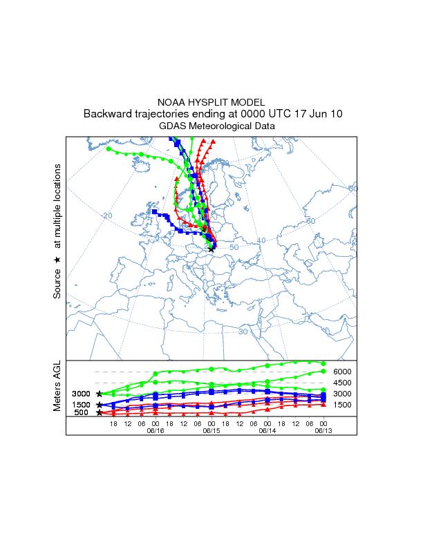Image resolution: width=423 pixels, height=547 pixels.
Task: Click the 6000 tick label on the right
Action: pos(343,372)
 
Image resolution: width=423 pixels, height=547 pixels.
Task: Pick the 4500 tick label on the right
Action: pos(343,383)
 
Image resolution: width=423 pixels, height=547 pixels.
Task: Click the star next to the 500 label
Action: pos(100,413)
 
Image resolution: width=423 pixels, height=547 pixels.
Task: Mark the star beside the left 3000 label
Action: pos(100,394)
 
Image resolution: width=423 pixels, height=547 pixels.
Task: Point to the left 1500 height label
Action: pos(82,405)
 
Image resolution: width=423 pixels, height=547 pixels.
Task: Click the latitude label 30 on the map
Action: pos(243,332)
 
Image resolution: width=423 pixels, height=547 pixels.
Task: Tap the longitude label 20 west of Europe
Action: pos(107,216)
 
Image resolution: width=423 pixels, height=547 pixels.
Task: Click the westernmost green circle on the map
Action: pos(109,148)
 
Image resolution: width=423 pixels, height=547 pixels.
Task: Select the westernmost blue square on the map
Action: pos(155,211)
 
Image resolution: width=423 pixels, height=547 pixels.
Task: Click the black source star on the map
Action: pos(211,249)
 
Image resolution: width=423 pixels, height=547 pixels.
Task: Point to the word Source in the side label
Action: pos(57,283)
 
